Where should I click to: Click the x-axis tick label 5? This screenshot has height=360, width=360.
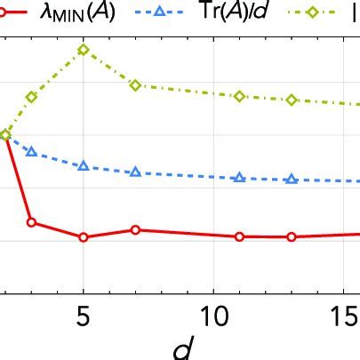click(x=83, y=316)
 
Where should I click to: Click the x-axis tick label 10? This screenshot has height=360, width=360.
click(x=212, y=316)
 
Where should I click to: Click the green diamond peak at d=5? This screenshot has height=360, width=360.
click(x=83, y=50)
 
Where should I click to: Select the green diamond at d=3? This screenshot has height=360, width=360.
click(x=31, y=97)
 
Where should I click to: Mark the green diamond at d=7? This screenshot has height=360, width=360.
click(x=135, y=85)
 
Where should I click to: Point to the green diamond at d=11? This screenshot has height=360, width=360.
click(x=239, y=96)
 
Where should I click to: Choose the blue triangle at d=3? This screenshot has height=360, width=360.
click(x=31, y=152)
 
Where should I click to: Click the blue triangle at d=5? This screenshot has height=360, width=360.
click(x=83, y=166)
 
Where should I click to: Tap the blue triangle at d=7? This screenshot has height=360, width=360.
click(x=135, y=172)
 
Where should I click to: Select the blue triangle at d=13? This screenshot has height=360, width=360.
click(x=292, y=180)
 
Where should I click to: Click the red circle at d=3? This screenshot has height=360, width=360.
click(x=31, y=222)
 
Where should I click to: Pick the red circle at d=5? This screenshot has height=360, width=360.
click(x=83, y=237)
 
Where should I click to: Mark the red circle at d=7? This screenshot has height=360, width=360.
click(x=135, y=229)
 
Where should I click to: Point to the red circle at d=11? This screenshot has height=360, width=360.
click(x=239, y=236)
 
